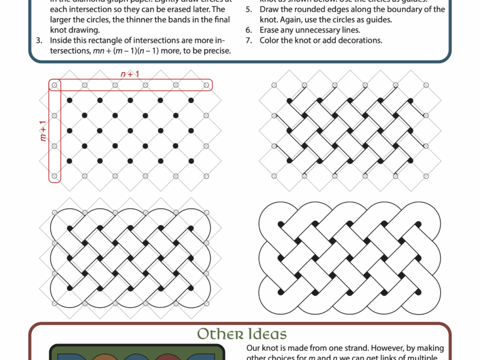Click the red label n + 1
(130, 74)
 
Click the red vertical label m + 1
(43, 131)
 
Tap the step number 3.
(39, 40)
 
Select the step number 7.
(248, 40)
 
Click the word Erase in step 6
(271, 30)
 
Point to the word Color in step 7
(271, 40)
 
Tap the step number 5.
(248, 9)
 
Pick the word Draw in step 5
(269, 9)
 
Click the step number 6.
(248, 30)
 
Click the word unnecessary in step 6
(312, 30)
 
